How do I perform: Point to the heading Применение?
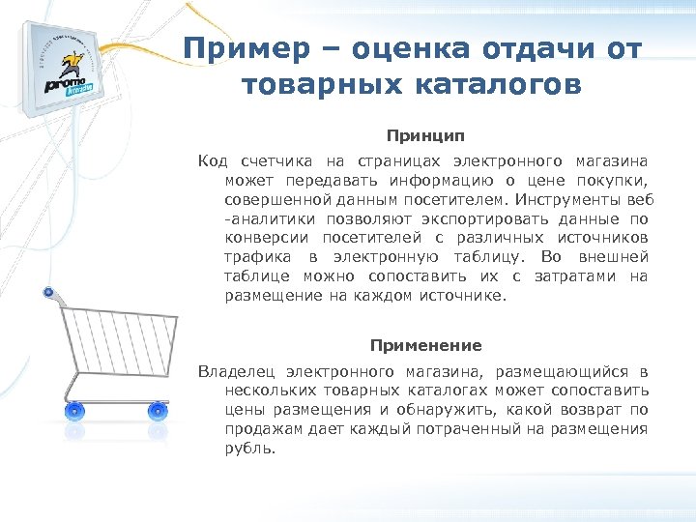[425, 345]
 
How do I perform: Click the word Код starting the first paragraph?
[213, 159]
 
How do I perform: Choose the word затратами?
[580, 275]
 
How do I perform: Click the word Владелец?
[236, 371]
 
